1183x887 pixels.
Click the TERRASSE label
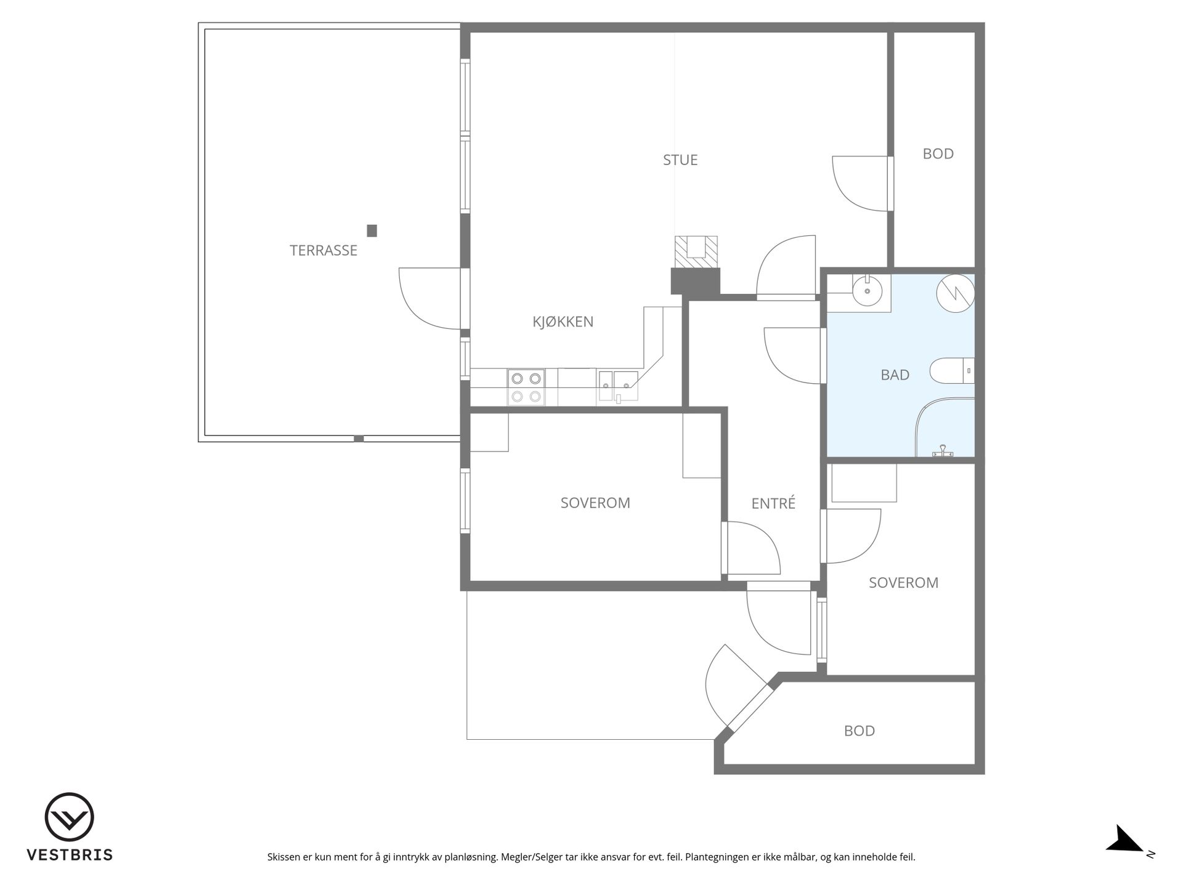(x=323, y=250)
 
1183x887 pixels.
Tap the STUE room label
(x=680, y=160)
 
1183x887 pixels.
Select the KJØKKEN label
(x=563, y=321)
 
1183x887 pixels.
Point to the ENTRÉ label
(x=773, y=503)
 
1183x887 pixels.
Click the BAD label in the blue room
(x=895, y=375)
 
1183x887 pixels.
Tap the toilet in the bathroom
(x=952, y=371)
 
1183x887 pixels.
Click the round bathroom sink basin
(x=868, y=290)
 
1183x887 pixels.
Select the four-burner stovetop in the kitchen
(x=526, y=387)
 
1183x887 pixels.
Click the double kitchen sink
(x=618, y=386)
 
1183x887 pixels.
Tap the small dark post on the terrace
(x=372, y=230)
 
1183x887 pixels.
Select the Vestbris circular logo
(x=69, y=817)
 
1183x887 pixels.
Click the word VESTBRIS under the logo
(x=70, y=855)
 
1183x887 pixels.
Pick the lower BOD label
(x=859, y=731)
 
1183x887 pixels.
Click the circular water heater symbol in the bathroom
(x=956, y=293)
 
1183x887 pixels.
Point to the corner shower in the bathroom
(x=945, y=427)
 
